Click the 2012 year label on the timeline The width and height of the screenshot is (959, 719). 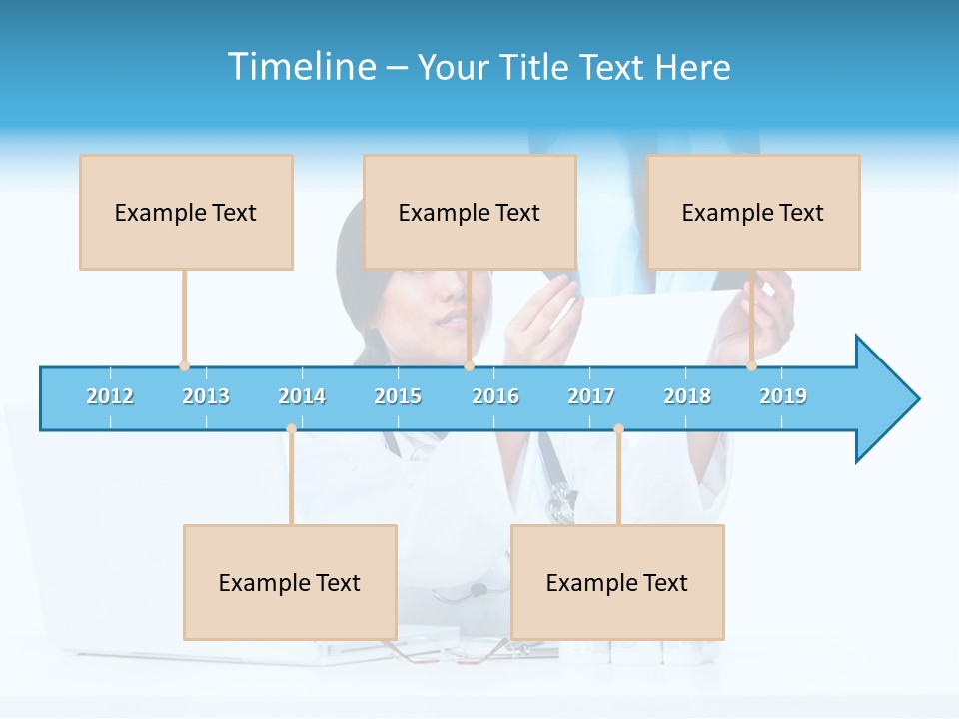pos(110,396)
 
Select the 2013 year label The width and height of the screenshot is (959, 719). pos(206,396)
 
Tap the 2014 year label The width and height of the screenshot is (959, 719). pos(302,396)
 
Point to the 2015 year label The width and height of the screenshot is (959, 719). pos(398,396)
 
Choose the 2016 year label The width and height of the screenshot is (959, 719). pos(495,396)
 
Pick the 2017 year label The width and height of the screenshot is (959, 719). pos(591,396)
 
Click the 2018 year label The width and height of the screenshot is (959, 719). pos(687,396)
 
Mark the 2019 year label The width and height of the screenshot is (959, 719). pos(783,396)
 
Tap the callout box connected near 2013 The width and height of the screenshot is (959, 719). pos(186,212)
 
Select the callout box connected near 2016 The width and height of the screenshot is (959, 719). pos(470,212)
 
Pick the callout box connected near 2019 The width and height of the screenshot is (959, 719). pos(753,212)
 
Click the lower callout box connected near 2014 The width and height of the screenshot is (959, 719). pos(290,582)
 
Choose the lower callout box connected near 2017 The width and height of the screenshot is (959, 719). pos(617,582)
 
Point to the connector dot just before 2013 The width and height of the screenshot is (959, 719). pos(184,366)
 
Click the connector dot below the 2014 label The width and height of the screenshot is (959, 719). pos(291,429)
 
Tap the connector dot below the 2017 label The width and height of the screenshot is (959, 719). pos(618,429)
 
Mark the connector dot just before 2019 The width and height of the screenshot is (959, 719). pos(751,366)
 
